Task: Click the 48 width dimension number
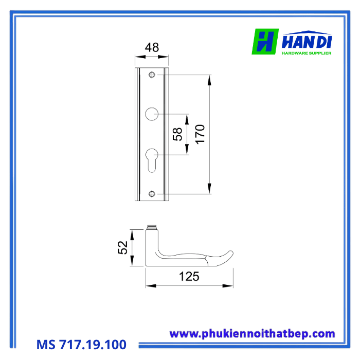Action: (152, 47)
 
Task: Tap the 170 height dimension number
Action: (200, 134)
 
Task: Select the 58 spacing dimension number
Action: (177, 134)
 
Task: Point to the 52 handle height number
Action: (122, 247)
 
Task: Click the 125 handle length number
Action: (189, 277)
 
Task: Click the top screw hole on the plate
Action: (152, 75)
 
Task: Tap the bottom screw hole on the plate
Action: (152, 194)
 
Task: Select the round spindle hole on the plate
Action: (152, 114)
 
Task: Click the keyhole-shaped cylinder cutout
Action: (152, 160)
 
